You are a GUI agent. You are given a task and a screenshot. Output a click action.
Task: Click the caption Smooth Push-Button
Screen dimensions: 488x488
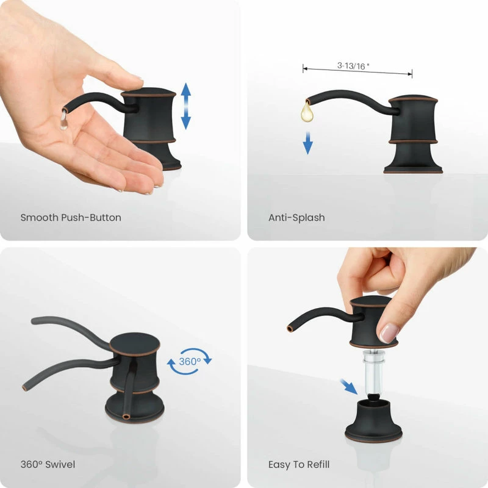71,218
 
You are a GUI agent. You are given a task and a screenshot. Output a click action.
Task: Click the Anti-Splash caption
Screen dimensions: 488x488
296,218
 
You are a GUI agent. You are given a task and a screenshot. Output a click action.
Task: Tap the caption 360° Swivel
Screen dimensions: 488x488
48,464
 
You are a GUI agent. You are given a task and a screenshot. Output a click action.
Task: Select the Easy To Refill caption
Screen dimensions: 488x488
299,465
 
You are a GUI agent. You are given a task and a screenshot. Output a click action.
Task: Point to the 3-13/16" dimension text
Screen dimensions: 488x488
353,66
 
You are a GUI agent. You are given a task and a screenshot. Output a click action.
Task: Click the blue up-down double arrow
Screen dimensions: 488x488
186,106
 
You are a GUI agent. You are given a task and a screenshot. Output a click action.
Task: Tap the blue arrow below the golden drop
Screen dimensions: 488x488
308,143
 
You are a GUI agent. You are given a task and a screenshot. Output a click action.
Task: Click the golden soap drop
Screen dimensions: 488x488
307,112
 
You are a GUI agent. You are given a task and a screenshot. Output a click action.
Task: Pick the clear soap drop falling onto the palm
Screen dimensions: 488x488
63,121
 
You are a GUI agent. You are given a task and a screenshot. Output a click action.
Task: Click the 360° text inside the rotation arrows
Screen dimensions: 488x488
190,361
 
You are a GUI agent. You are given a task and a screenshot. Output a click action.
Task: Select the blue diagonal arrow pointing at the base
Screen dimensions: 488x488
348,386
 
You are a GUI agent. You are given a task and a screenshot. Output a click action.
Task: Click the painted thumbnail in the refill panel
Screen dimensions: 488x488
389,333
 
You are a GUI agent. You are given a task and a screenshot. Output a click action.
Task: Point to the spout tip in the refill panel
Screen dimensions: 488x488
290,329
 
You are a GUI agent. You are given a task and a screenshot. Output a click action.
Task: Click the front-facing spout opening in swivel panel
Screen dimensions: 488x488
126,417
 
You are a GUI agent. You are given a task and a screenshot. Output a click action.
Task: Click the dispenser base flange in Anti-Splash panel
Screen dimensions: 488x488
413,170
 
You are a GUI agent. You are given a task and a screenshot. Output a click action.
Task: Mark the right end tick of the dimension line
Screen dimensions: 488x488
412,74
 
